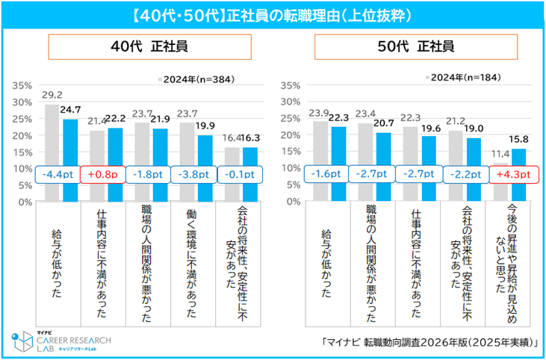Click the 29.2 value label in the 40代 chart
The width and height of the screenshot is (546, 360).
click(x=52, y=96)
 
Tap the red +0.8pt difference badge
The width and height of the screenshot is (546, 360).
click(x=104, y=174)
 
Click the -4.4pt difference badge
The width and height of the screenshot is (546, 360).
click(x=58, y=174)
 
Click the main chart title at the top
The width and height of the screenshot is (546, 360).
click(x=273, y=15)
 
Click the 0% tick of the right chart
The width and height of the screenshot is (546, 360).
click(x=293, y=202)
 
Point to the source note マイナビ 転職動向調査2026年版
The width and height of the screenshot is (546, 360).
click(x=427, y=344)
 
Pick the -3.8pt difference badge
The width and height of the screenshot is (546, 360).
click(x=193, y=174)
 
